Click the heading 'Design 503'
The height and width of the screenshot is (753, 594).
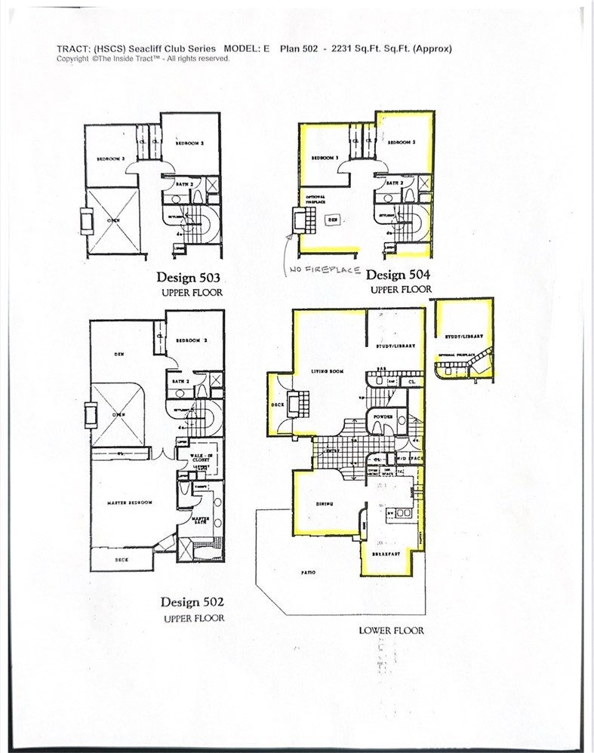click(188, 277)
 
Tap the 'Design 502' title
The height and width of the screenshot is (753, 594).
click(192, 602)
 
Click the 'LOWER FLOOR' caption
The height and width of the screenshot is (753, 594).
click(391, 630)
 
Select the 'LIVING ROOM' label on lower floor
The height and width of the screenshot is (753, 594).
click(328, 371)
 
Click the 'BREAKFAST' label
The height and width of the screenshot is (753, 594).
click(386, 554)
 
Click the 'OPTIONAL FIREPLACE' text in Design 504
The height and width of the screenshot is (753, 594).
click(315, 200)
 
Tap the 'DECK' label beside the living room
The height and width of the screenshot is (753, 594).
click(277, 405)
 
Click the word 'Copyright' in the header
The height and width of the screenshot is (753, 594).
click(72, 58)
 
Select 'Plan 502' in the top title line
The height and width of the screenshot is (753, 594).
click(300, 48)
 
